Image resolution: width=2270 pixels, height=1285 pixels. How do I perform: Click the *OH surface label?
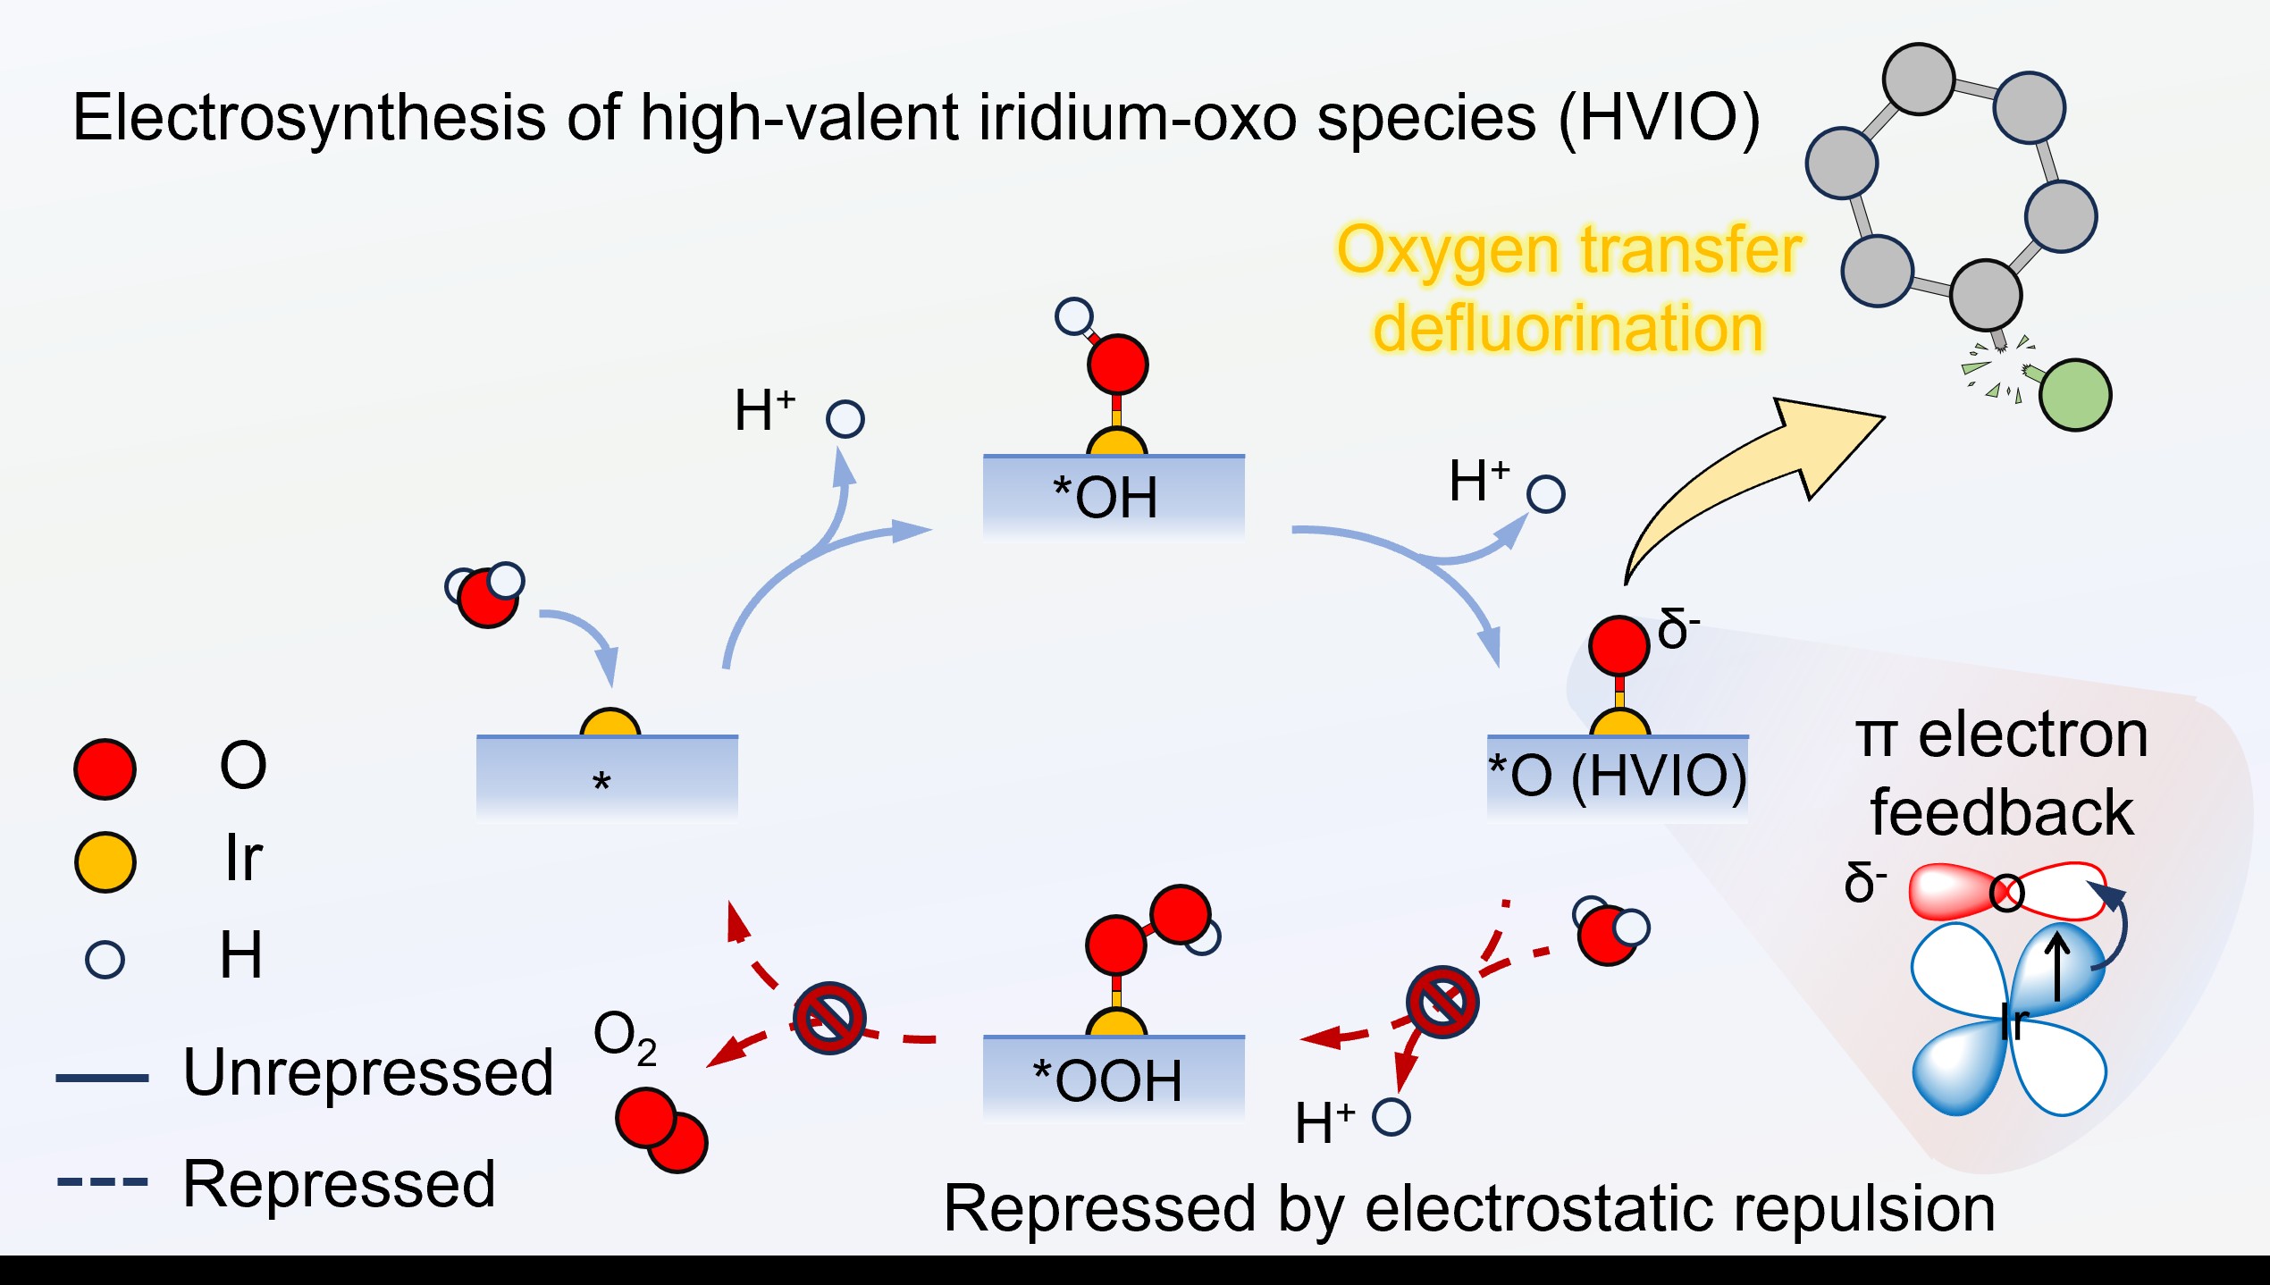click(x=1106, y=497)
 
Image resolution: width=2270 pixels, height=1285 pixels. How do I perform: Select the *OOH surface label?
click(x=1107, y=1079)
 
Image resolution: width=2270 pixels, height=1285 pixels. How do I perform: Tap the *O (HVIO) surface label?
click(x=1617, y=774)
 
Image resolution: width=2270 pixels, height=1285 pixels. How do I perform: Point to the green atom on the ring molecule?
click(x=2075, y=395)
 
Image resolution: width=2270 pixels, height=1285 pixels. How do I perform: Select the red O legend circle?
click(x=105, y=768)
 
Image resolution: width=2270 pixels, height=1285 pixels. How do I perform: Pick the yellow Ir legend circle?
click(x=105, y=862)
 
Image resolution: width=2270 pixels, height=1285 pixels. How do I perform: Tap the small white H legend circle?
click(x=105, y=960)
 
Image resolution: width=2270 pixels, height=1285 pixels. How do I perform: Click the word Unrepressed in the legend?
click(x=368, y=1072)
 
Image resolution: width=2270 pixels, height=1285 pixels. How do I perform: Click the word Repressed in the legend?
click(x=339, y=1184)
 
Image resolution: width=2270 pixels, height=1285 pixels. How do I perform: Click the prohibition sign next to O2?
click(x=829, y=1019)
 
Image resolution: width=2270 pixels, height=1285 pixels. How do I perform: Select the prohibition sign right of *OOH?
click(x=1442, y=1002)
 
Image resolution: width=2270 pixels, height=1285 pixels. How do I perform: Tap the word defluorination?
click(x=1568, y=328)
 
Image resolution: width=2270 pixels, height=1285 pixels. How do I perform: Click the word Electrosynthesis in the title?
click(x=308, y=118)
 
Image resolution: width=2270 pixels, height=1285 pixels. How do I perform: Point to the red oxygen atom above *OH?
click(x=1117, y=364)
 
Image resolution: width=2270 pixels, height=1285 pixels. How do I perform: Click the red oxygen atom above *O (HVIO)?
click(x=1618, y=645)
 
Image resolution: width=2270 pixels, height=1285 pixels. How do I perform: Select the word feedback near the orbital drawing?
click(x=2002, y=812)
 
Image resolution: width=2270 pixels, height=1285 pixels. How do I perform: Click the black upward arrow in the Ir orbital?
click(x=2058, y=967)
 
